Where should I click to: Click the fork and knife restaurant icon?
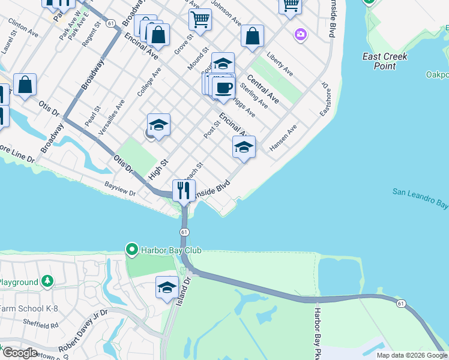point(184,191)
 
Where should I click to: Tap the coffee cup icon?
point(224,88)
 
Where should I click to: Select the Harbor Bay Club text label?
point(171,250)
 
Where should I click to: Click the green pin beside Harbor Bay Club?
point(131,248)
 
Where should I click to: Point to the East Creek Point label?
point(385,61)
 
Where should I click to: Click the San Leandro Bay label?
point(421,198)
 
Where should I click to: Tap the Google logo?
point(19,353)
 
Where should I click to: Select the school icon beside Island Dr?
point(167,287)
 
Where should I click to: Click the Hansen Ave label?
point(283,137)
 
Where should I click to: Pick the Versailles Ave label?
point(112,117)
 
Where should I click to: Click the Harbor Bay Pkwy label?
point(316,333)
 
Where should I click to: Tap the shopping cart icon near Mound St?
point(200,20)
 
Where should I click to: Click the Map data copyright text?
point(412,355)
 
